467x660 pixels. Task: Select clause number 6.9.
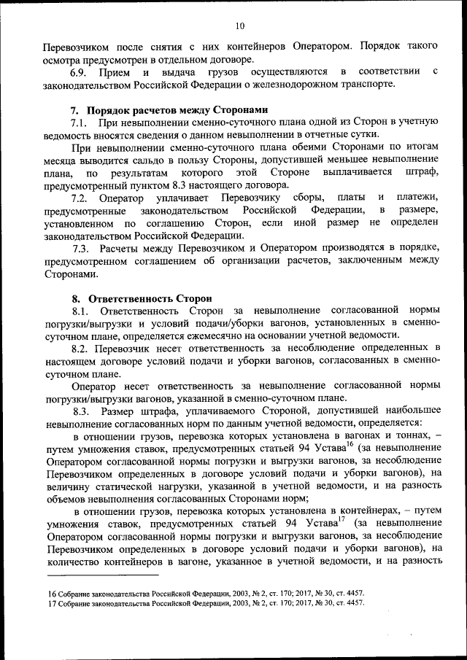point(79,71)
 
